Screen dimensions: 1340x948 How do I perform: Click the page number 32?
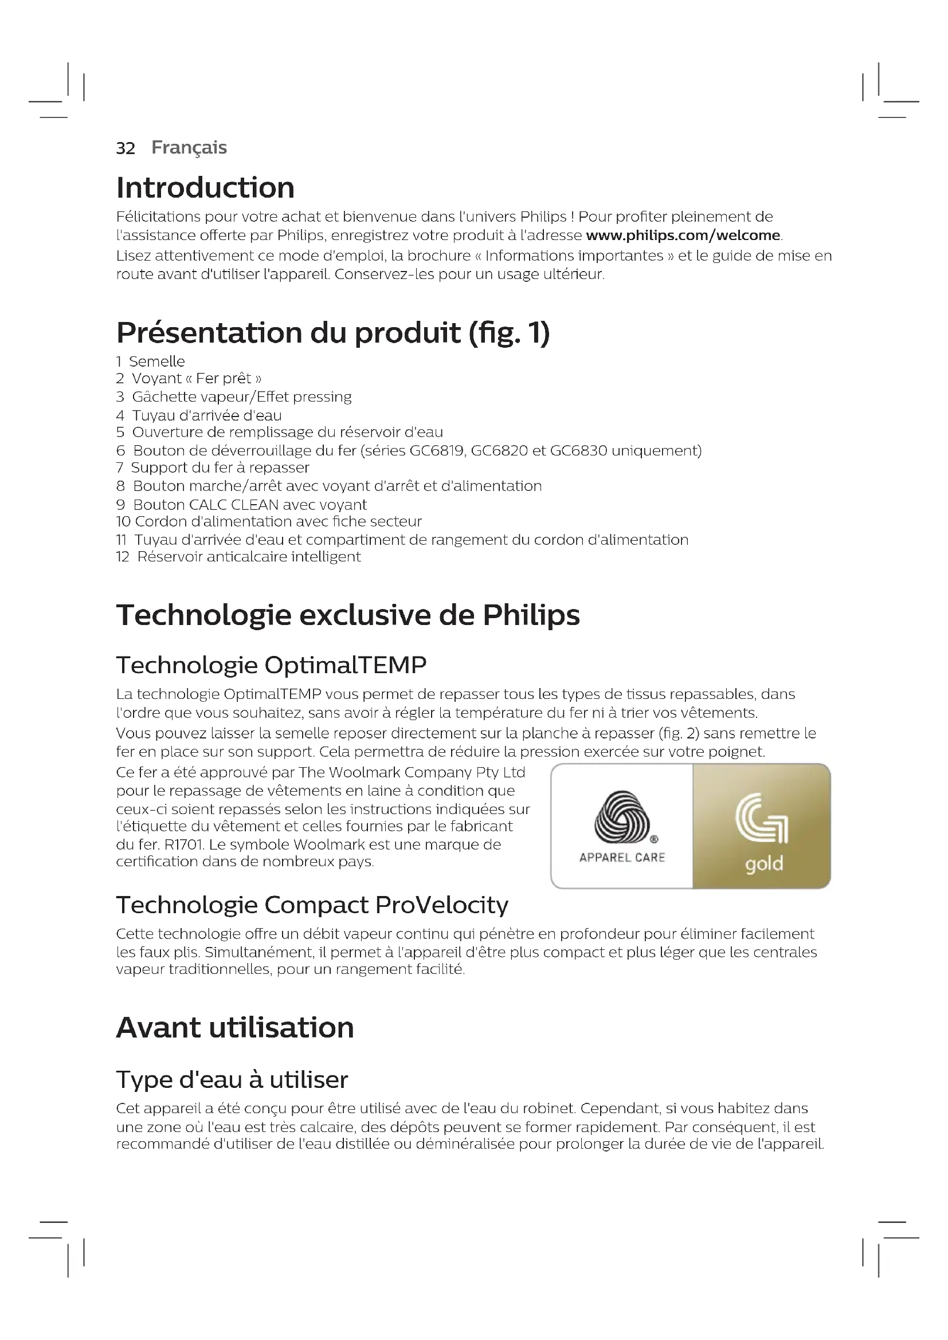pos(126,148)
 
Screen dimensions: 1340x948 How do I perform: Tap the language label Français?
pos(189,148)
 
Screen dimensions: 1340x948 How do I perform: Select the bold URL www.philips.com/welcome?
pos(683,236)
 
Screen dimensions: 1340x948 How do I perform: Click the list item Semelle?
pos(156,362)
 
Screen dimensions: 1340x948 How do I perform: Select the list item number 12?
pos(123,557)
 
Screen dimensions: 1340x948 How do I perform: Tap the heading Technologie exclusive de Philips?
pos(348,615)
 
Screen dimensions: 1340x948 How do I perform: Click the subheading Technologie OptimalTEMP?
pos(272,665)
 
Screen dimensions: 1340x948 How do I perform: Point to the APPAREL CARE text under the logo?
pos(622,858)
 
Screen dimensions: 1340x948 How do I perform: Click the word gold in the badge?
pos(763,864)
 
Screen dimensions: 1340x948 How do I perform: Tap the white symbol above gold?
pos(762,818)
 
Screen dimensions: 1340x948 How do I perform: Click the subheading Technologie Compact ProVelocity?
pos(312,905)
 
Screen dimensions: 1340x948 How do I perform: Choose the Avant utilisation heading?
pos(234,1028)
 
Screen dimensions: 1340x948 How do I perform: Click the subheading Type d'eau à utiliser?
pos(232,1080)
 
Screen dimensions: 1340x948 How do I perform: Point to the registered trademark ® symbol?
pos(654,839)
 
